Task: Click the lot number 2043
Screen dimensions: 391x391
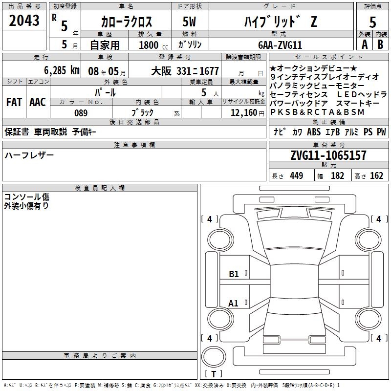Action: click(x=24, y=21)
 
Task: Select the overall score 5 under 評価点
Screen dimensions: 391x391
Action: click(x=372, y=22)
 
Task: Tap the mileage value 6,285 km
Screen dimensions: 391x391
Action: click(x=62, y=70)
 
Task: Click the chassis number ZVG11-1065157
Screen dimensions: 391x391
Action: click(x=328, y=155)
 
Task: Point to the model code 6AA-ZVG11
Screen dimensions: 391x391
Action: click(x=280, y=45)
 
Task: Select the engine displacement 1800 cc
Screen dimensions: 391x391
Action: click(x=153, y=45)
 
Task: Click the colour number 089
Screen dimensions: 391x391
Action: click(x=81, y=113)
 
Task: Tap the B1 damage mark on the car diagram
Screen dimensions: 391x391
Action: click(x=234, y=274)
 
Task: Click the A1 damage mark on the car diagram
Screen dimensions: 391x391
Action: click(x=233, y=304)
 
